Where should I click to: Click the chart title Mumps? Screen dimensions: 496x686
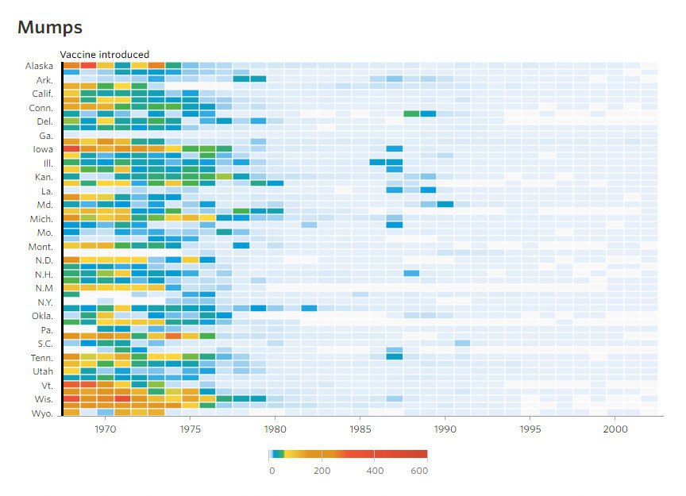tap(49, 28)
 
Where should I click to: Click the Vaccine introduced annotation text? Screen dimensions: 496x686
tap(105, 55)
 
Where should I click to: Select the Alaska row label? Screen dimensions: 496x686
tap(39, 66)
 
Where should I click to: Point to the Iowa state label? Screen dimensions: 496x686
tap(43, 149)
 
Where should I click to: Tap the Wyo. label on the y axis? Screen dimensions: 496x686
tap(42, 413)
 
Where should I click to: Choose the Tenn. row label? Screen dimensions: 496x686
tap(40, 357)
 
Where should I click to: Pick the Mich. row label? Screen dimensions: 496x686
tap(41, 218)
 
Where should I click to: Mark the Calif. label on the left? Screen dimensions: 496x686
tap(41, 94)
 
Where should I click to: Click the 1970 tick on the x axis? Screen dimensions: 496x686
tap(106, 429)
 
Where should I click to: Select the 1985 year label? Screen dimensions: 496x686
tap(360, 429)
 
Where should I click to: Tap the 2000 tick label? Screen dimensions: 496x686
tap(615, 429)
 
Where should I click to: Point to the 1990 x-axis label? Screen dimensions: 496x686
tap(445, 429)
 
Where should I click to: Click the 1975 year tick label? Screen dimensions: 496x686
tap(191, 429)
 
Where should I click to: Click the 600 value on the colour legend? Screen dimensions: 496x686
tap(420, 471)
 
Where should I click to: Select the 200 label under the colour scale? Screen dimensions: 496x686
tap(322, 471)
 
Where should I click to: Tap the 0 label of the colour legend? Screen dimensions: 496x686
tap(272, 471)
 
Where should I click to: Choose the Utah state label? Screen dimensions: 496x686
tap(42, 371)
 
